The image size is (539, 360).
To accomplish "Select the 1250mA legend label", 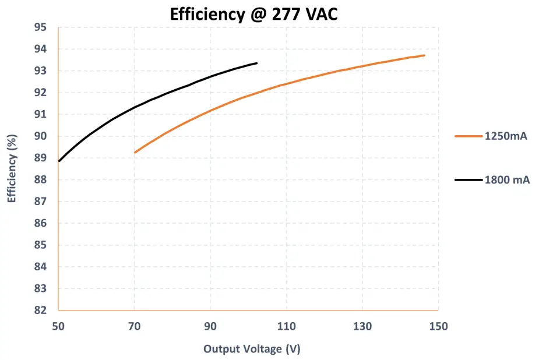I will tap(506, 136).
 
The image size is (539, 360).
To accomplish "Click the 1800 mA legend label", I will tap(507, 180).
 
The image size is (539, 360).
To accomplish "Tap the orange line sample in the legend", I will tap(468, 136).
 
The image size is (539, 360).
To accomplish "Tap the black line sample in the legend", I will tap(468, 180).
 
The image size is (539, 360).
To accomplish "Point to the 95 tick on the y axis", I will tap(40, 27).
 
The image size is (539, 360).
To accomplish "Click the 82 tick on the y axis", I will tap(40, 310).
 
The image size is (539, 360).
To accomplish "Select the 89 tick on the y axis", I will tap(40, 158).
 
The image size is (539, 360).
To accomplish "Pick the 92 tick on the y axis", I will tap(40, 93).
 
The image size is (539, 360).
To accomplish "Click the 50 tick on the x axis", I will tap(59, 326).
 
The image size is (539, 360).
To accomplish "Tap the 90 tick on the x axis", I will tap(210, 326).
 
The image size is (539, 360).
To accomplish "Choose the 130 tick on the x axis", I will tap(362, 326).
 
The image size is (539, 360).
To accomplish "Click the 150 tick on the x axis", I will tap(438, 326).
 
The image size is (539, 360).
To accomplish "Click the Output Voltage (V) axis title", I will tap(251, 349).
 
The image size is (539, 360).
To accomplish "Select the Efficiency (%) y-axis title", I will tap(11, 169).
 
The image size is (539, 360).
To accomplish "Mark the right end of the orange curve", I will tap(424, 55).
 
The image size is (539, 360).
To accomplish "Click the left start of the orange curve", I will tap(135, 153).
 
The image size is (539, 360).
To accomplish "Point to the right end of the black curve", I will tap(257, 63).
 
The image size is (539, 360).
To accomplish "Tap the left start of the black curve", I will tap(59, 161).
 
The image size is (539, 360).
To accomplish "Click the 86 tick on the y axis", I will tap(40, 223).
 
